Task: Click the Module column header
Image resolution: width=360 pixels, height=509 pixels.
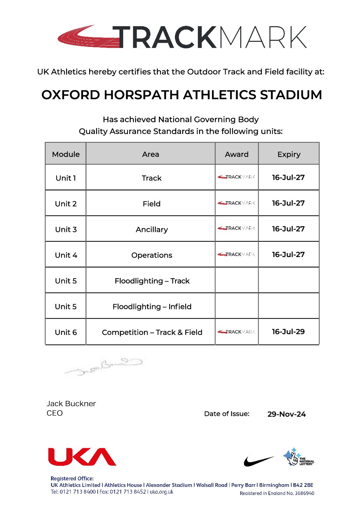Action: (x=66, y=154)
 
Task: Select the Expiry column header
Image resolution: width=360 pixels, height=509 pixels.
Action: (x=289, y=154)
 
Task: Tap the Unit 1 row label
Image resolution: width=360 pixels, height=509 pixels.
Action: (x=66, y=178)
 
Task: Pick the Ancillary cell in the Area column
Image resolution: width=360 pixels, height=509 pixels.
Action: (x=152, y=230)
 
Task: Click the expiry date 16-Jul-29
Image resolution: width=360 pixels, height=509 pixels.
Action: (x=288, y=332)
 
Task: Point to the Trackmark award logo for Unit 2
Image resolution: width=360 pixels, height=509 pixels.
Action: (x=236, y=203)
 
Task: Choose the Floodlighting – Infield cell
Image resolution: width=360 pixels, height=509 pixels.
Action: (x=152, y=307)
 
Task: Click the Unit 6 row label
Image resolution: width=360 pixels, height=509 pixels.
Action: (x=66, y=333)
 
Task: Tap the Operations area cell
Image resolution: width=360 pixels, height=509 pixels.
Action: (x=152, y=255)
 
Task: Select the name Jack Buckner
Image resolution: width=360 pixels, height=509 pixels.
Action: (x=71, y=404)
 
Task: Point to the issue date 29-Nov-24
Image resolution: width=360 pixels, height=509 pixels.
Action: (x=287, y=414)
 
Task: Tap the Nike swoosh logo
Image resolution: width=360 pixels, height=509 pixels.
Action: (x=259, y=461)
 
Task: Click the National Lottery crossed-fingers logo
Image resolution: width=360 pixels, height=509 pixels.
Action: (x=298, y=457)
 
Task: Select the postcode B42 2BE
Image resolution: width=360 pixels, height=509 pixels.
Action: (x=303, y=485)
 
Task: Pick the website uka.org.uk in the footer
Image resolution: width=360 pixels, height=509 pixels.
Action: (x=161, y=492)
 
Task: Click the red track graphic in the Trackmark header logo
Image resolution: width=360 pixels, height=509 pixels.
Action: (x=87, y=37)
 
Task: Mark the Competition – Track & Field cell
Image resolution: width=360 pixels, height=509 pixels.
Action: (x=152, y=333)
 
